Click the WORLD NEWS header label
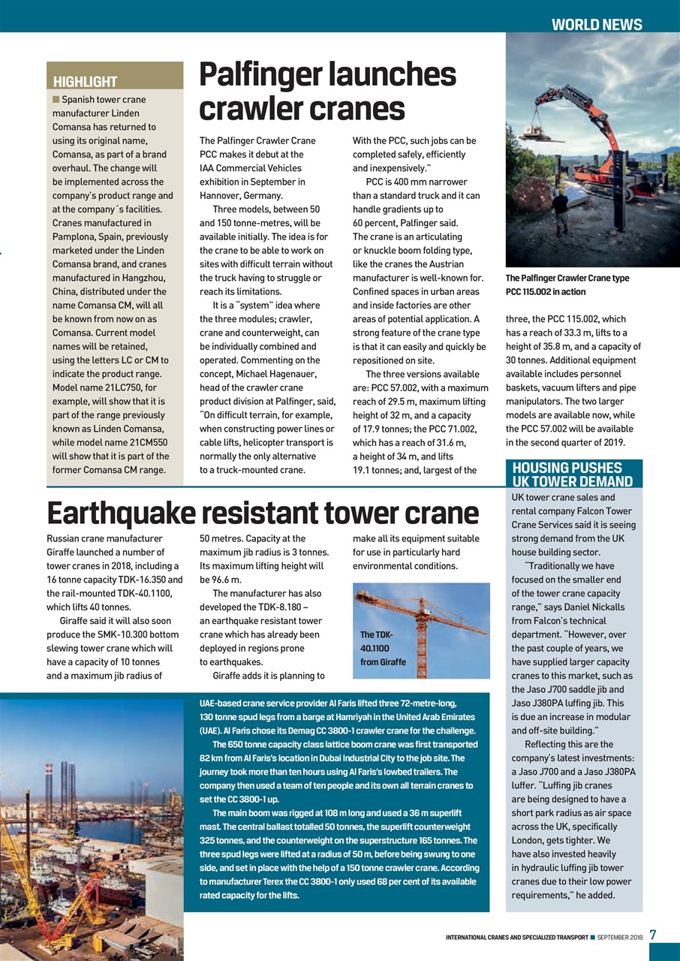[x=597, y=24]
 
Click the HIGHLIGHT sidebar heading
[x=86, y=81]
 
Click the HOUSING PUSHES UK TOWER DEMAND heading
[x=572, y=474]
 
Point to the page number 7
[x=653, y=935]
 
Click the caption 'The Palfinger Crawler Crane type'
[x=567, y=278]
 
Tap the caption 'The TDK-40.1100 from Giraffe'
[x=383, y=648]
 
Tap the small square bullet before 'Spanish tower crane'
[x=55, y=99]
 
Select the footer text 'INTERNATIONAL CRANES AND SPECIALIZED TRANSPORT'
[x=517, y=937]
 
